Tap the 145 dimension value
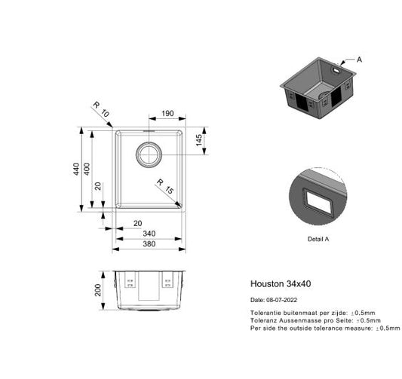click(200, 142)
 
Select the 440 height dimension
click(75, 170)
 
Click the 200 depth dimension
click(97, 291)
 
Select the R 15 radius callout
click(164, 187)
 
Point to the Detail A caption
click(318, 239)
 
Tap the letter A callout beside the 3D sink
click(359, 59)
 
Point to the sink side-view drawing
click(149, 289)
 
